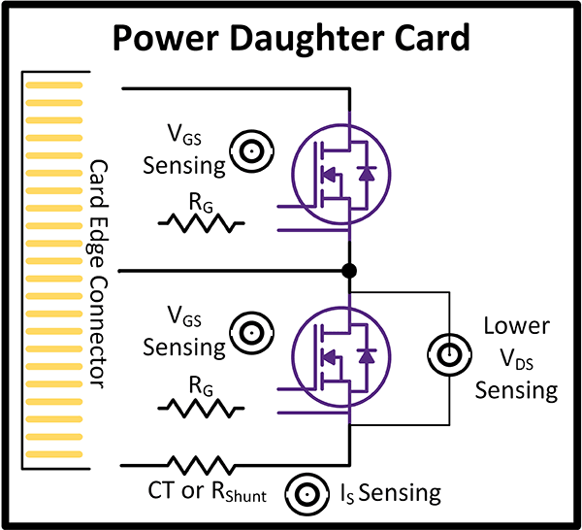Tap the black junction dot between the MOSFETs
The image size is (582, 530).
[x=349, y=271]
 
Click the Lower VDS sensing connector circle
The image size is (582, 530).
[x=451, y=356]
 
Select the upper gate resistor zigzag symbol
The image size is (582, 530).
[x=200, y=223]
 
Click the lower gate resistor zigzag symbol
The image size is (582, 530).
[x=200, y=406]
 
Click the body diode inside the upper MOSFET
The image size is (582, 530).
[x=366, y=175]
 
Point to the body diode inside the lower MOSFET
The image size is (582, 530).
[x=366, y=357]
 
